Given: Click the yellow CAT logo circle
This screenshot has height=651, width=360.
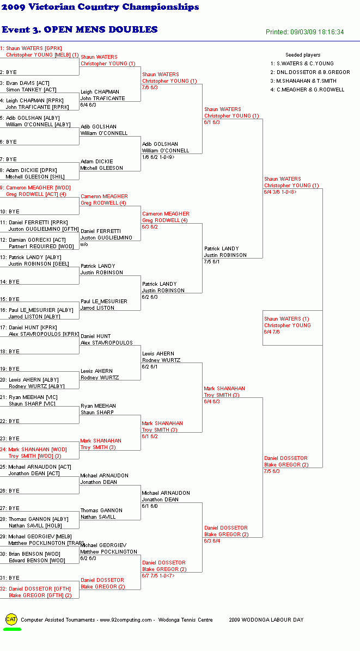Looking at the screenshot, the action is (11, 619).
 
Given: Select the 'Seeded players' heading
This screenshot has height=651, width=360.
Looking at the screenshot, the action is (303, 55).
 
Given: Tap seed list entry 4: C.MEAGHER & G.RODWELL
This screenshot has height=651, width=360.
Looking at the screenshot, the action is (307, 90).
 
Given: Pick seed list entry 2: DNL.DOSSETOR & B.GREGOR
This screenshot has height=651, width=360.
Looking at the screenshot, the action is (310, 72).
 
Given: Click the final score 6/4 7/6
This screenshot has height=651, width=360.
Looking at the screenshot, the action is (272, 332).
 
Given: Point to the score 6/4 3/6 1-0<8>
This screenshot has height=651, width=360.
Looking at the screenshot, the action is (280, 192).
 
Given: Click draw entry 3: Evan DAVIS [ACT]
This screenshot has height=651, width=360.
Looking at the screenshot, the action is (25, 83).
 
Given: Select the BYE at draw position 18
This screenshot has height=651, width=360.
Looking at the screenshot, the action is (10, 351).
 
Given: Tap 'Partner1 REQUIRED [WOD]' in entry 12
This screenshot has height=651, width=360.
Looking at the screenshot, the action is (41, 247).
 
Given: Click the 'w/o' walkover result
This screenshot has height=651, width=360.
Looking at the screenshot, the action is (84, 244).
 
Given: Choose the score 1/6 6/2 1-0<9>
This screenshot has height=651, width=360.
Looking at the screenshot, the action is (158, 157).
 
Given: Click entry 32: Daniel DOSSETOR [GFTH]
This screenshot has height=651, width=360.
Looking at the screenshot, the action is (35, 589).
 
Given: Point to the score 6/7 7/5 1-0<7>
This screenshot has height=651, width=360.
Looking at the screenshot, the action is (158, 576).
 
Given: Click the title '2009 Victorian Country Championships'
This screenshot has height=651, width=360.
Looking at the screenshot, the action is (100, 7).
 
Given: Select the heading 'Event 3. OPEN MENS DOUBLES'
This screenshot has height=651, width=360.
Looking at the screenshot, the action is (80, 29).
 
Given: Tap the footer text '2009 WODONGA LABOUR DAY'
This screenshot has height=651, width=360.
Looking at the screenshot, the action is (266, 620).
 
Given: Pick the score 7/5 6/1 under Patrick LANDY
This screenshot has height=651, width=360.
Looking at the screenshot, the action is (212, 262).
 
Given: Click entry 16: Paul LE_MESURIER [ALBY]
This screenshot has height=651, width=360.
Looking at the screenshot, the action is (36, 310).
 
